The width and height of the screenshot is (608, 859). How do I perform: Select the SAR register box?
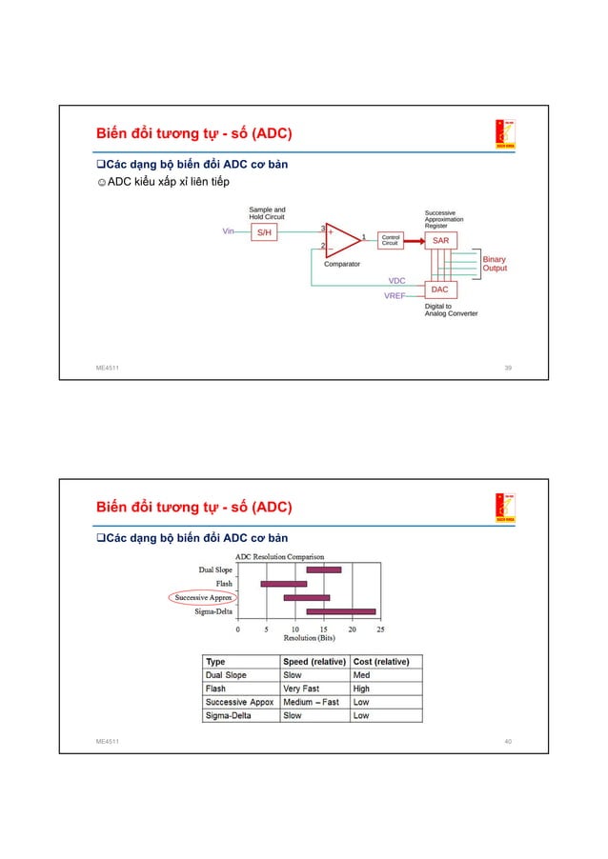(440, 241)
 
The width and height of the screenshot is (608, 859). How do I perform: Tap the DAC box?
(439, 289)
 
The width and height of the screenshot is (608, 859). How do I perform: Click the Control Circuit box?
(390, 240)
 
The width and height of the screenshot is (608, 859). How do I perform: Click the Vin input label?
(229, 231)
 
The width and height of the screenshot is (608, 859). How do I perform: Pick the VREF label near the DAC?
(395, 296)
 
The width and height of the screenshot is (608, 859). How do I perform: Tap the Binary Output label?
(494, 264)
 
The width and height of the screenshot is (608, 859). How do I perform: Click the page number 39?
(508, 367)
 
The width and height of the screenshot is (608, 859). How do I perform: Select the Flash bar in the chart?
(284, 583)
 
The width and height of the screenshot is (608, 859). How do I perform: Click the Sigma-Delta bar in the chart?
(341, 611)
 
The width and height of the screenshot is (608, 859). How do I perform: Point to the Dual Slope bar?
(324, 569)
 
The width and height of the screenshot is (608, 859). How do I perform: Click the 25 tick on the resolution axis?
(381, 629)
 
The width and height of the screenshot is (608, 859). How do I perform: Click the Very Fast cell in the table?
(301, 689)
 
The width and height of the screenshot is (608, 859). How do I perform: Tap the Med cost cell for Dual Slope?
(362, 675)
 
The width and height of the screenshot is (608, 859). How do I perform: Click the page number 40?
(508, 740)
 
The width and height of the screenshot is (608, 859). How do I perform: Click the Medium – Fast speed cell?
(311, 702)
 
